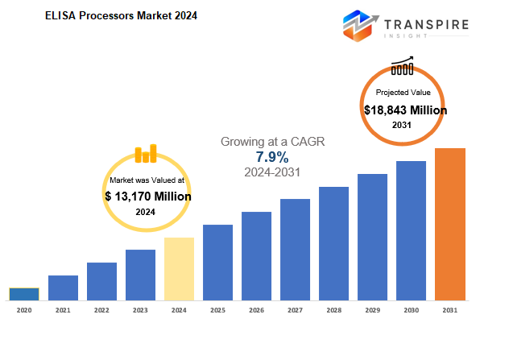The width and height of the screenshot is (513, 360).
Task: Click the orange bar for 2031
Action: click(x=450, y=224)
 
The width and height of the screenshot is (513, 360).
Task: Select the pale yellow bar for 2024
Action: click(x=179, y=269)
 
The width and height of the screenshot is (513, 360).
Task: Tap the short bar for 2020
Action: click(x=24, y=294)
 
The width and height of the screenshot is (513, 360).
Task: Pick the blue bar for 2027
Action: click(x=295, y=250)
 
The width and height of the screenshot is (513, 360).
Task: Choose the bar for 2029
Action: click(x=372, y=237)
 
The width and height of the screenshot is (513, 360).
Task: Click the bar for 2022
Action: click(x=101, y=281)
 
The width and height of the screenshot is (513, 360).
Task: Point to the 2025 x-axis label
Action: click(x=218, y=310)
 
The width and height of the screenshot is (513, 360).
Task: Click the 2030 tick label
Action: click(x=412, y=310)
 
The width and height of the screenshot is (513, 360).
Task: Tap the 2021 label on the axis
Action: click(x=63, y=310)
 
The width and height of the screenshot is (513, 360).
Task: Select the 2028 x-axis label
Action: click(x=334, y=310)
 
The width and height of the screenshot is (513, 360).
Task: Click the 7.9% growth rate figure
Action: click(x=272, y=157)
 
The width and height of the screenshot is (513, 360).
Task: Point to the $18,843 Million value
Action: click(x=405, y=110)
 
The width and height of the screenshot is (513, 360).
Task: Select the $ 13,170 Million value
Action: click(x=148, y=197)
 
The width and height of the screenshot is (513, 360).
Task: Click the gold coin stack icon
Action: click(x=146, y=154)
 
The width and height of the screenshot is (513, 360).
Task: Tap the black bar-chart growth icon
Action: click(x=403, y=65)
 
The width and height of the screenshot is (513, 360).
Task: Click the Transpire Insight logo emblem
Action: click(x=360, y=26)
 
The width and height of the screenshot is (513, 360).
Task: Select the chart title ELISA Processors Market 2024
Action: click(x=121, y=16)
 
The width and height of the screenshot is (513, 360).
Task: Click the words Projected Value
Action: click(x=403, y=93)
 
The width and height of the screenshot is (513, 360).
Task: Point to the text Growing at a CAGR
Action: click(x=272, y=142)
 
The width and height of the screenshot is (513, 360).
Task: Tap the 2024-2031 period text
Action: click(x=272, y=172)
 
